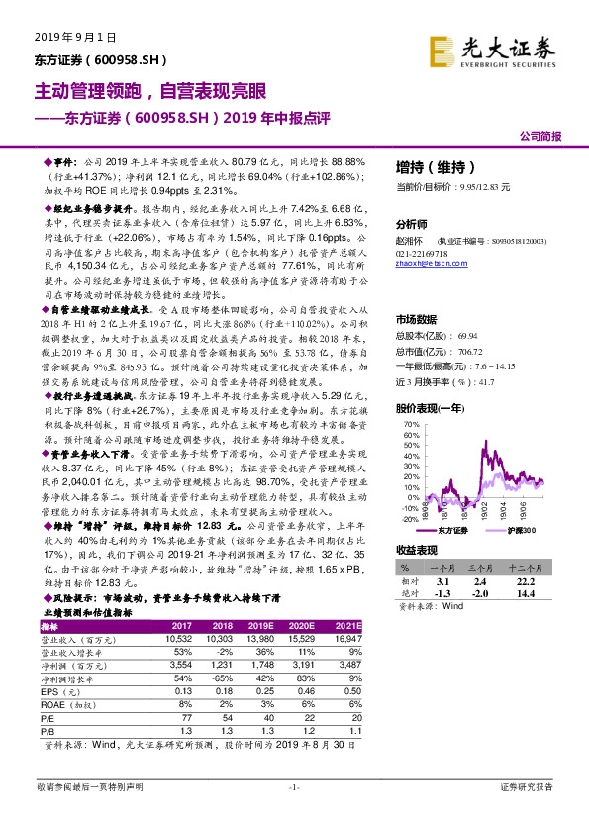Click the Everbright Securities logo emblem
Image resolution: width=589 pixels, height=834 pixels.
point(441,49)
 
